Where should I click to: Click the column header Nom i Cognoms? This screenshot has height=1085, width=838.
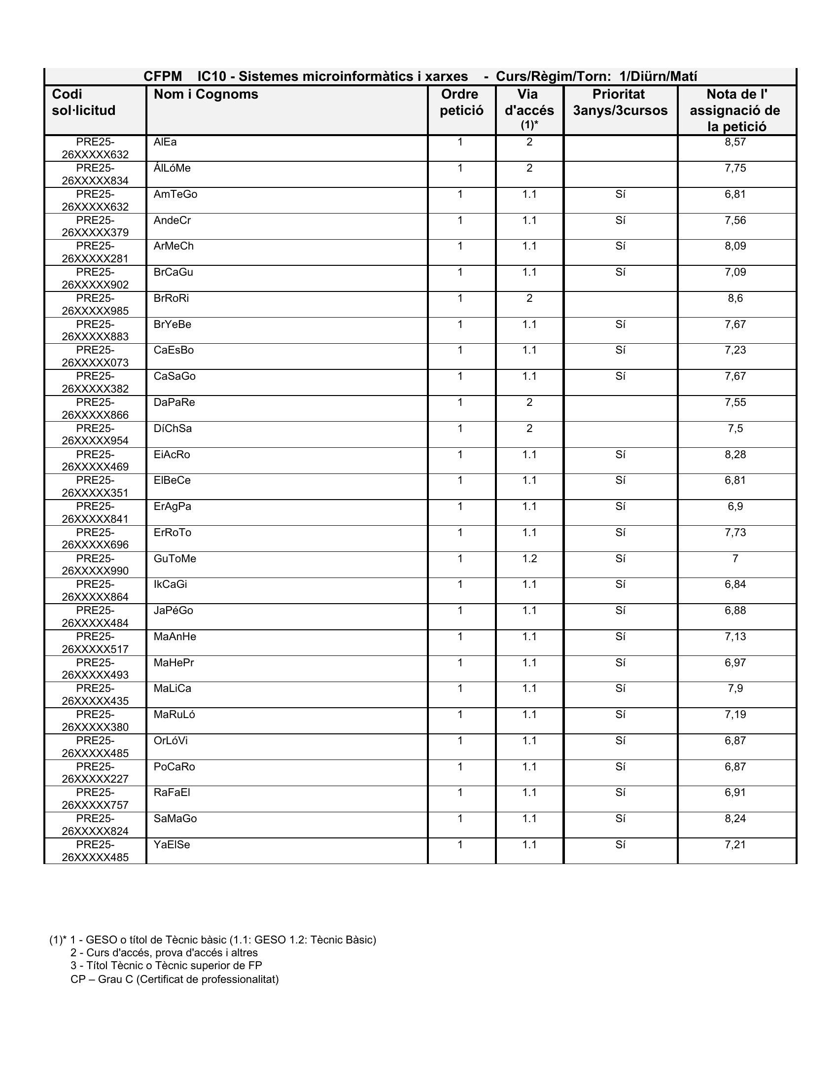click(206, 94)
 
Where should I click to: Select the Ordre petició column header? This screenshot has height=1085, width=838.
click(461, 103)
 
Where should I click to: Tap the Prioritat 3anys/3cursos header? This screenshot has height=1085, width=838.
click(620, 103)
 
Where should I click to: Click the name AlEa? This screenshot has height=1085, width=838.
click(165, 142)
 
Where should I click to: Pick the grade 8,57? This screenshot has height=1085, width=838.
click(735, 142)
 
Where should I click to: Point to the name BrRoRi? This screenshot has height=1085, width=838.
click(171, 298)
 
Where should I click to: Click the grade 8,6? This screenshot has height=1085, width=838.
click(735, 298)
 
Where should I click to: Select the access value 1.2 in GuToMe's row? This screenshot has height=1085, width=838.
click(529, 558)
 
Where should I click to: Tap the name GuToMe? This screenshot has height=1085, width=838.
click(175, 558)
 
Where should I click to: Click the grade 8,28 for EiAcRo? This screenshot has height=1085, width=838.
click(735, 455)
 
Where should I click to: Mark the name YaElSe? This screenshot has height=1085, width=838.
click(172, 844)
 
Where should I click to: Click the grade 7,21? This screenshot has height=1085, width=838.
click(735, 844)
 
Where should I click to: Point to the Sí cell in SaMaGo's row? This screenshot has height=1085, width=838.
click(620, 818)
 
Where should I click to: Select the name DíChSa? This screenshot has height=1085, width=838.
click(172, 428)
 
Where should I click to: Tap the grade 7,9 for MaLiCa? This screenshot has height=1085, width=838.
click(735, 688)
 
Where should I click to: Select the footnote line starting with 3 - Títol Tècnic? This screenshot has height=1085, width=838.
click(166, 965)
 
